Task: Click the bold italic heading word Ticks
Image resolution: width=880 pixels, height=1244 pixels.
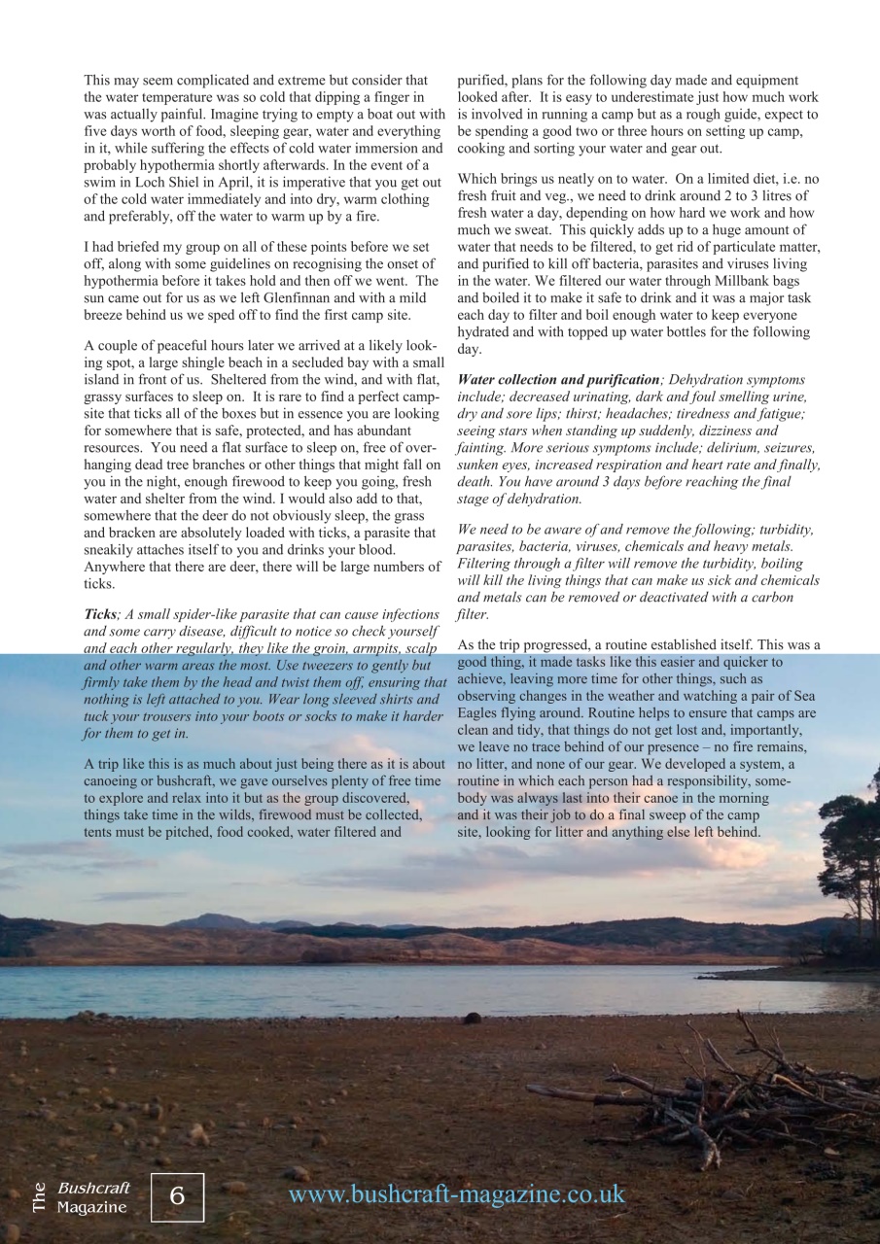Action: pyautogui.click(x=100, y=614)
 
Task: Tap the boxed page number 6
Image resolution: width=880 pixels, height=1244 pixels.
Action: pyautogui.click(x=178, y=1196)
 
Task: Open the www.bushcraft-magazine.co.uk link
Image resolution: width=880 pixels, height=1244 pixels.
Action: pyautogui.click(x=457, y=1194)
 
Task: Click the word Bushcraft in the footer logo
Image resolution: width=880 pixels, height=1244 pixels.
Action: pyautogui.click(x=93, y=1188)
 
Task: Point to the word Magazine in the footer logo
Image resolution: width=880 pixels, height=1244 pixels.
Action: pyautogui.click(x=91, y=1207)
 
